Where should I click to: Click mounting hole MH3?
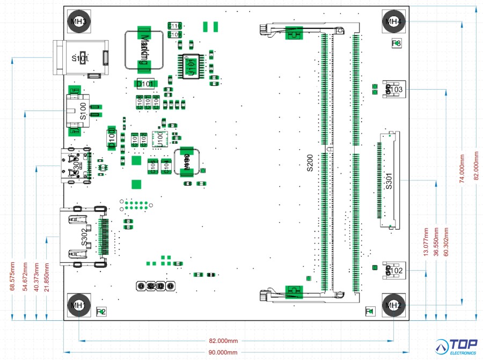click(x=79, y=20)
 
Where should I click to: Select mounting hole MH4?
click(x=393, y=21)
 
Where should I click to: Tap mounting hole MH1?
click(x=79, y=305)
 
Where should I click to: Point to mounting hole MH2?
click(x=393, y=305)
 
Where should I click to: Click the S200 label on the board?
click(x=310, y=163)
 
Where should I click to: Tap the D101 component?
click(x=144, y=84)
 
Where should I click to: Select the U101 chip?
click(x=191, y=67)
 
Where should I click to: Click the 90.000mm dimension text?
click(x=223, y=352)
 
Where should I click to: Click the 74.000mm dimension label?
click(x=462, y=169)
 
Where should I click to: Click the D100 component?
click(x=112, y=138)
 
